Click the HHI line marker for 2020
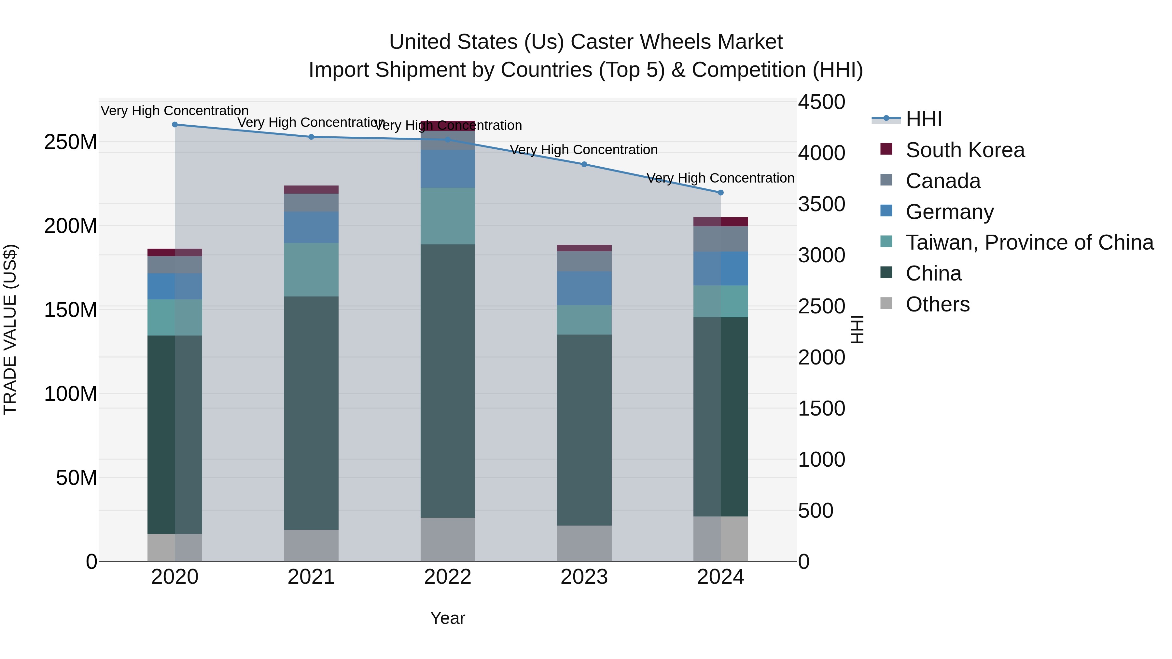(175, 124)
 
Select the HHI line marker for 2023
(584, 164)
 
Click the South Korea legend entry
(965, 150)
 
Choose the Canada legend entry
(943, 181)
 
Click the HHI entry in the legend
(923, 119)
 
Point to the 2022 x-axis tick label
(448, 577)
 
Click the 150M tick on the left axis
(71, 310)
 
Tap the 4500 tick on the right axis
(821, 102)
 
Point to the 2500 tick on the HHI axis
(821, 306)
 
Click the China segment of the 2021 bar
(311, 413)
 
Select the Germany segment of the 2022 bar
(448, 169)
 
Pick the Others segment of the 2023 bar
(584, 543)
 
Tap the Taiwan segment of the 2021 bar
(311, 270)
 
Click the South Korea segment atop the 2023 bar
(584, 248)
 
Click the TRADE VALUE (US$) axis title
(10, 329)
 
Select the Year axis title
(448, 618)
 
